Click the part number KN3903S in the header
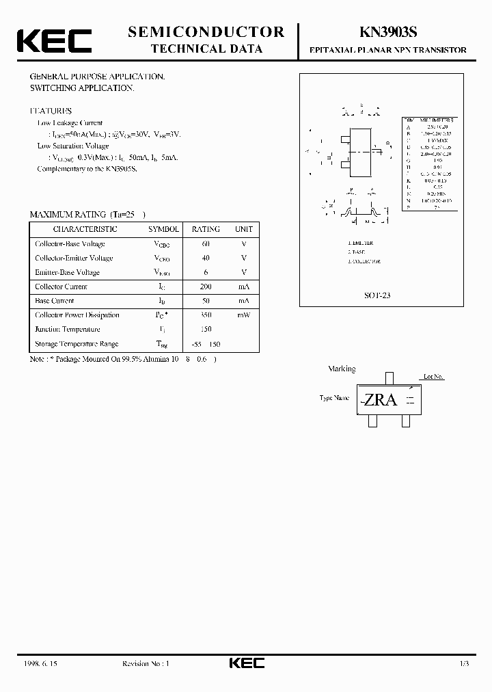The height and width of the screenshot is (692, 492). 387,33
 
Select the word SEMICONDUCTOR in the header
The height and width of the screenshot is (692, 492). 206,31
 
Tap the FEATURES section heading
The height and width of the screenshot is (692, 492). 51,111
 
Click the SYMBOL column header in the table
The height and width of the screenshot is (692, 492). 163,230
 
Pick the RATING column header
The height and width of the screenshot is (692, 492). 206,230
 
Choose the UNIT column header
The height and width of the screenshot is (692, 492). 243,230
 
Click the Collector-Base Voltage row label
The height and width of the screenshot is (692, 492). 70,244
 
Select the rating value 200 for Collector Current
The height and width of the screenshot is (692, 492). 206,287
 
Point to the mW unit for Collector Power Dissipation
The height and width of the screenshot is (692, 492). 243,315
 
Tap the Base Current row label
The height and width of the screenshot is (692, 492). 55,301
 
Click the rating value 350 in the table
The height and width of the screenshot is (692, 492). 206,315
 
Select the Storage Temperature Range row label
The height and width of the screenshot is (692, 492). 77,344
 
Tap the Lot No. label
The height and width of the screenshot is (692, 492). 433,377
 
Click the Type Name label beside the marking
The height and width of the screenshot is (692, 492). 334,398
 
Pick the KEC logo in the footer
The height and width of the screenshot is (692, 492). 245,663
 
